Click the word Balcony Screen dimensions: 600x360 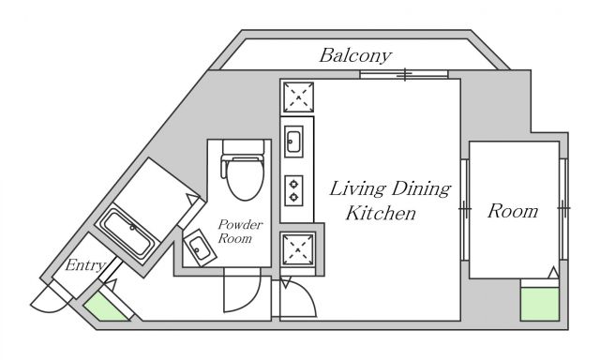(355, 56)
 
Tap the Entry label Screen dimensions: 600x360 (85, 264)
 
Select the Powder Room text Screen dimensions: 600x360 (240, 232)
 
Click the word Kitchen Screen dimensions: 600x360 (381, 213)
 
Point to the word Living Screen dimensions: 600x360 (358, 189)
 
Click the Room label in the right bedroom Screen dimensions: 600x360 (513, 211)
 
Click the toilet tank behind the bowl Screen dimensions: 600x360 (244, 147)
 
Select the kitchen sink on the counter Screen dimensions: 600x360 (294, 142)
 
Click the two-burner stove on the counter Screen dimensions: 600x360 (293, 190)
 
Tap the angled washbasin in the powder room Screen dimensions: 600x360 (199, 247)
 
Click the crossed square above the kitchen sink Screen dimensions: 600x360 (298, 97)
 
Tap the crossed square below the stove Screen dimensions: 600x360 (298, 248)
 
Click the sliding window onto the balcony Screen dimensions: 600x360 (404, 75)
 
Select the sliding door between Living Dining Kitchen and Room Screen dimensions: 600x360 (465, 210)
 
